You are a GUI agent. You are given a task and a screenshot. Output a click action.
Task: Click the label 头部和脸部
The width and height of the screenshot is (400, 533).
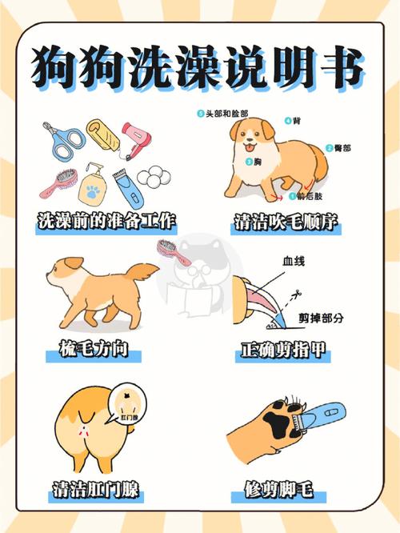[x=225, y=114]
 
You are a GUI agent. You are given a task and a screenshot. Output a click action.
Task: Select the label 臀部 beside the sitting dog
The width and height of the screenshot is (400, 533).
[x=343, y=149]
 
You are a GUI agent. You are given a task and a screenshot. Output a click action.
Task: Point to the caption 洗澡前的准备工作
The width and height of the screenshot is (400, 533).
[x=106, y=222]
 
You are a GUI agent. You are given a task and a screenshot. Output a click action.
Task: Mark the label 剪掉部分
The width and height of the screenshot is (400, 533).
[x=321, y=318]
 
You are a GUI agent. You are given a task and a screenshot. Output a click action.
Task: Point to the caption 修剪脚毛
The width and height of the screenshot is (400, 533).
[x=286, y=489]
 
